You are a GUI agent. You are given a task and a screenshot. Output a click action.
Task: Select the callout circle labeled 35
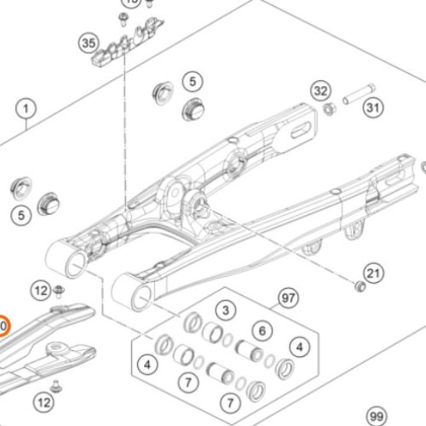(x=88, y=42)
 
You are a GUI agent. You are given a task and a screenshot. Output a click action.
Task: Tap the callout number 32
(x=319, y=90)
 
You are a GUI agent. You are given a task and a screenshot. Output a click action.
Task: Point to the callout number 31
(x=371, y=108)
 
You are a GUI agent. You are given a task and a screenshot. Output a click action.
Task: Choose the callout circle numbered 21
(x=373, y=273)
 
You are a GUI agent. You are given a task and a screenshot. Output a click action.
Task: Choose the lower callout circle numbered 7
(x=227, y=401)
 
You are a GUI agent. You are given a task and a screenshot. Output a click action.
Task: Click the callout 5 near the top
(x=193, y=81)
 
